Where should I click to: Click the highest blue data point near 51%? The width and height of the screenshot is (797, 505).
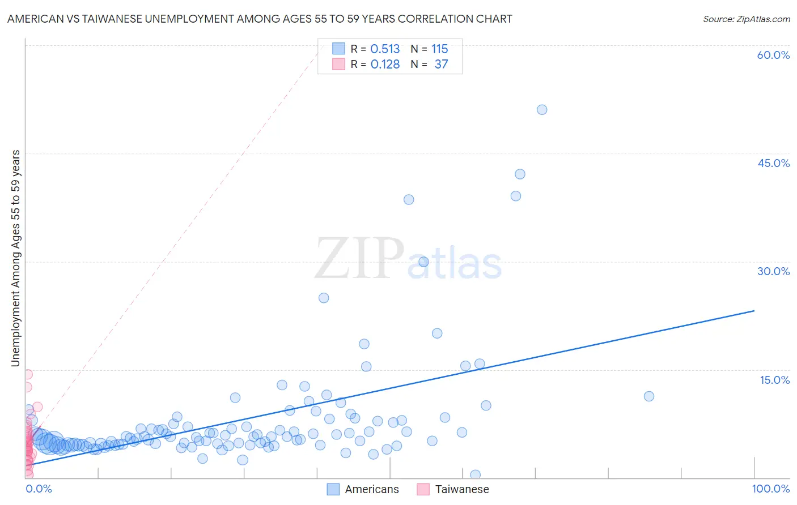542,110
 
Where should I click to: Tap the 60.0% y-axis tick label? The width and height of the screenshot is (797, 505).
773,55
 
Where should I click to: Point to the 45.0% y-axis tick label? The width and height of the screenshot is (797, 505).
773,163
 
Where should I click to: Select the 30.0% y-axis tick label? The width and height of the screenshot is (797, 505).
773,271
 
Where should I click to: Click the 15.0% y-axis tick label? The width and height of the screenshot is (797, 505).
774,380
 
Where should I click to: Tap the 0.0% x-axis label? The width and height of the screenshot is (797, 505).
39,489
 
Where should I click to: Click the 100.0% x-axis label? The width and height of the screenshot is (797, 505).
770,489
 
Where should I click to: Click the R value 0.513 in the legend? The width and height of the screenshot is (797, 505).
385,49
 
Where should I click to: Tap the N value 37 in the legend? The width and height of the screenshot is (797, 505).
441,65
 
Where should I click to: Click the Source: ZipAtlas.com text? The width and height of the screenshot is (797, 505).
746,19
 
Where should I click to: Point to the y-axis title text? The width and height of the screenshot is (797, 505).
15,258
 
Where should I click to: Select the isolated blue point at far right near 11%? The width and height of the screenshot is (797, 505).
649,396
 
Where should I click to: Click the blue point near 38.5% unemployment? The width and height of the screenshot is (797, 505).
409,199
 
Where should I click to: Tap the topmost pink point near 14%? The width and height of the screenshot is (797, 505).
27,374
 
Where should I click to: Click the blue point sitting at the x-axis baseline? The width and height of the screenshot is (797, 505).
475,475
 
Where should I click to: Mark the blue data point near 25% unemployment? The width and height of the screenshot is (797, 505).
324,298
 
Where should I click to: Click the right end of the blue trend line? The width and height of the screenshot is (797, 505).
754,311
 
